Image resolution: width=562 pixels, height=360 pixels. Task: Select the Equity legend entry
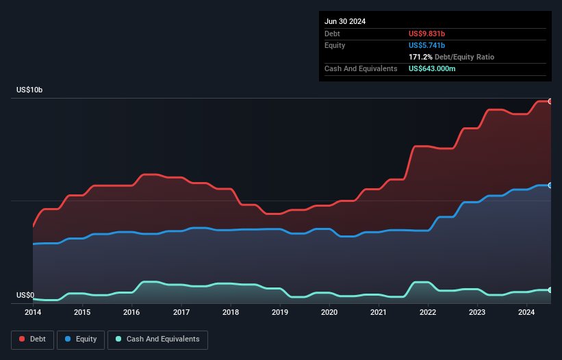81,339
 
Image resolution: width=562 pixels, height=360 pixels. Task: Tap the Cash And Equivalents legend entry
157,339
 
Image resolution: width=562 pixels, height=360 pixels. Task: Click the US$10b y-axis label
29,90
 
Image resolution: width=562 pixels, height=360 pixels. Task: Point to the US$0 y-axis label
25,296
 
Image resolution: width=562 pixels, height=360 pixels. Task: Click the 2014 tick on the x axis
33,313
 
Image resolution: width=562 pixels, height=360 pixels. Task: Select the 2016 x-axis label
131,313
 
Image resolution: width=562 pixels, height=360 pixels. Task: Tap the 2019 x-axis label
280,313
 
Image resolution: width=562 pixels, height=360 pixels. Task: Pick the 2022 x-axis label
428,313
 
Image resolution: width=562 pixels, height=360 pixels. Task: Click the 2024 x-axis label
526,313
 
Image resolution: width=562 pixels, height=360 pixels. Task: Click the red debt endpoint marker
550,101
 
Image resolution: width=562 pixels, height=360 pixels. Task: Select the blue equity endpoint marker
550,185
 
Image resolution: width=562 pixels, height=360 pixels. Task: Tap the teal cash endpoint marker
550,290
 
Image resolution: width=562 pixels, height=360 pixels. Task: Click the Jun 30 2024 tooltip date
345,21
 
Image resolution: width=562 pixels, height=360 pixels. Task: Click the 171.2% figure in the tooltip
421,57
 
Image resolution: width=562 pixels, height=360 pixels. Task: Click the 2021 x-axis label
379,313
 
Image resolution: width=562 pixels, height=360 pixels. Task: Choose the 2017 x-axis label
181,313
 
